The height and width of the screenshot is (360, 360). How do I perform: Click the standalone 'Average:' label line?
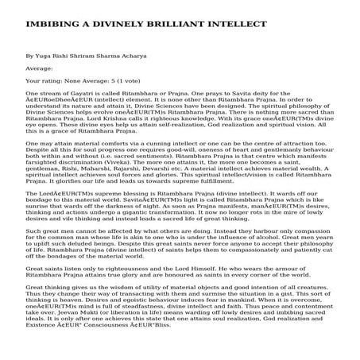39,69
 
